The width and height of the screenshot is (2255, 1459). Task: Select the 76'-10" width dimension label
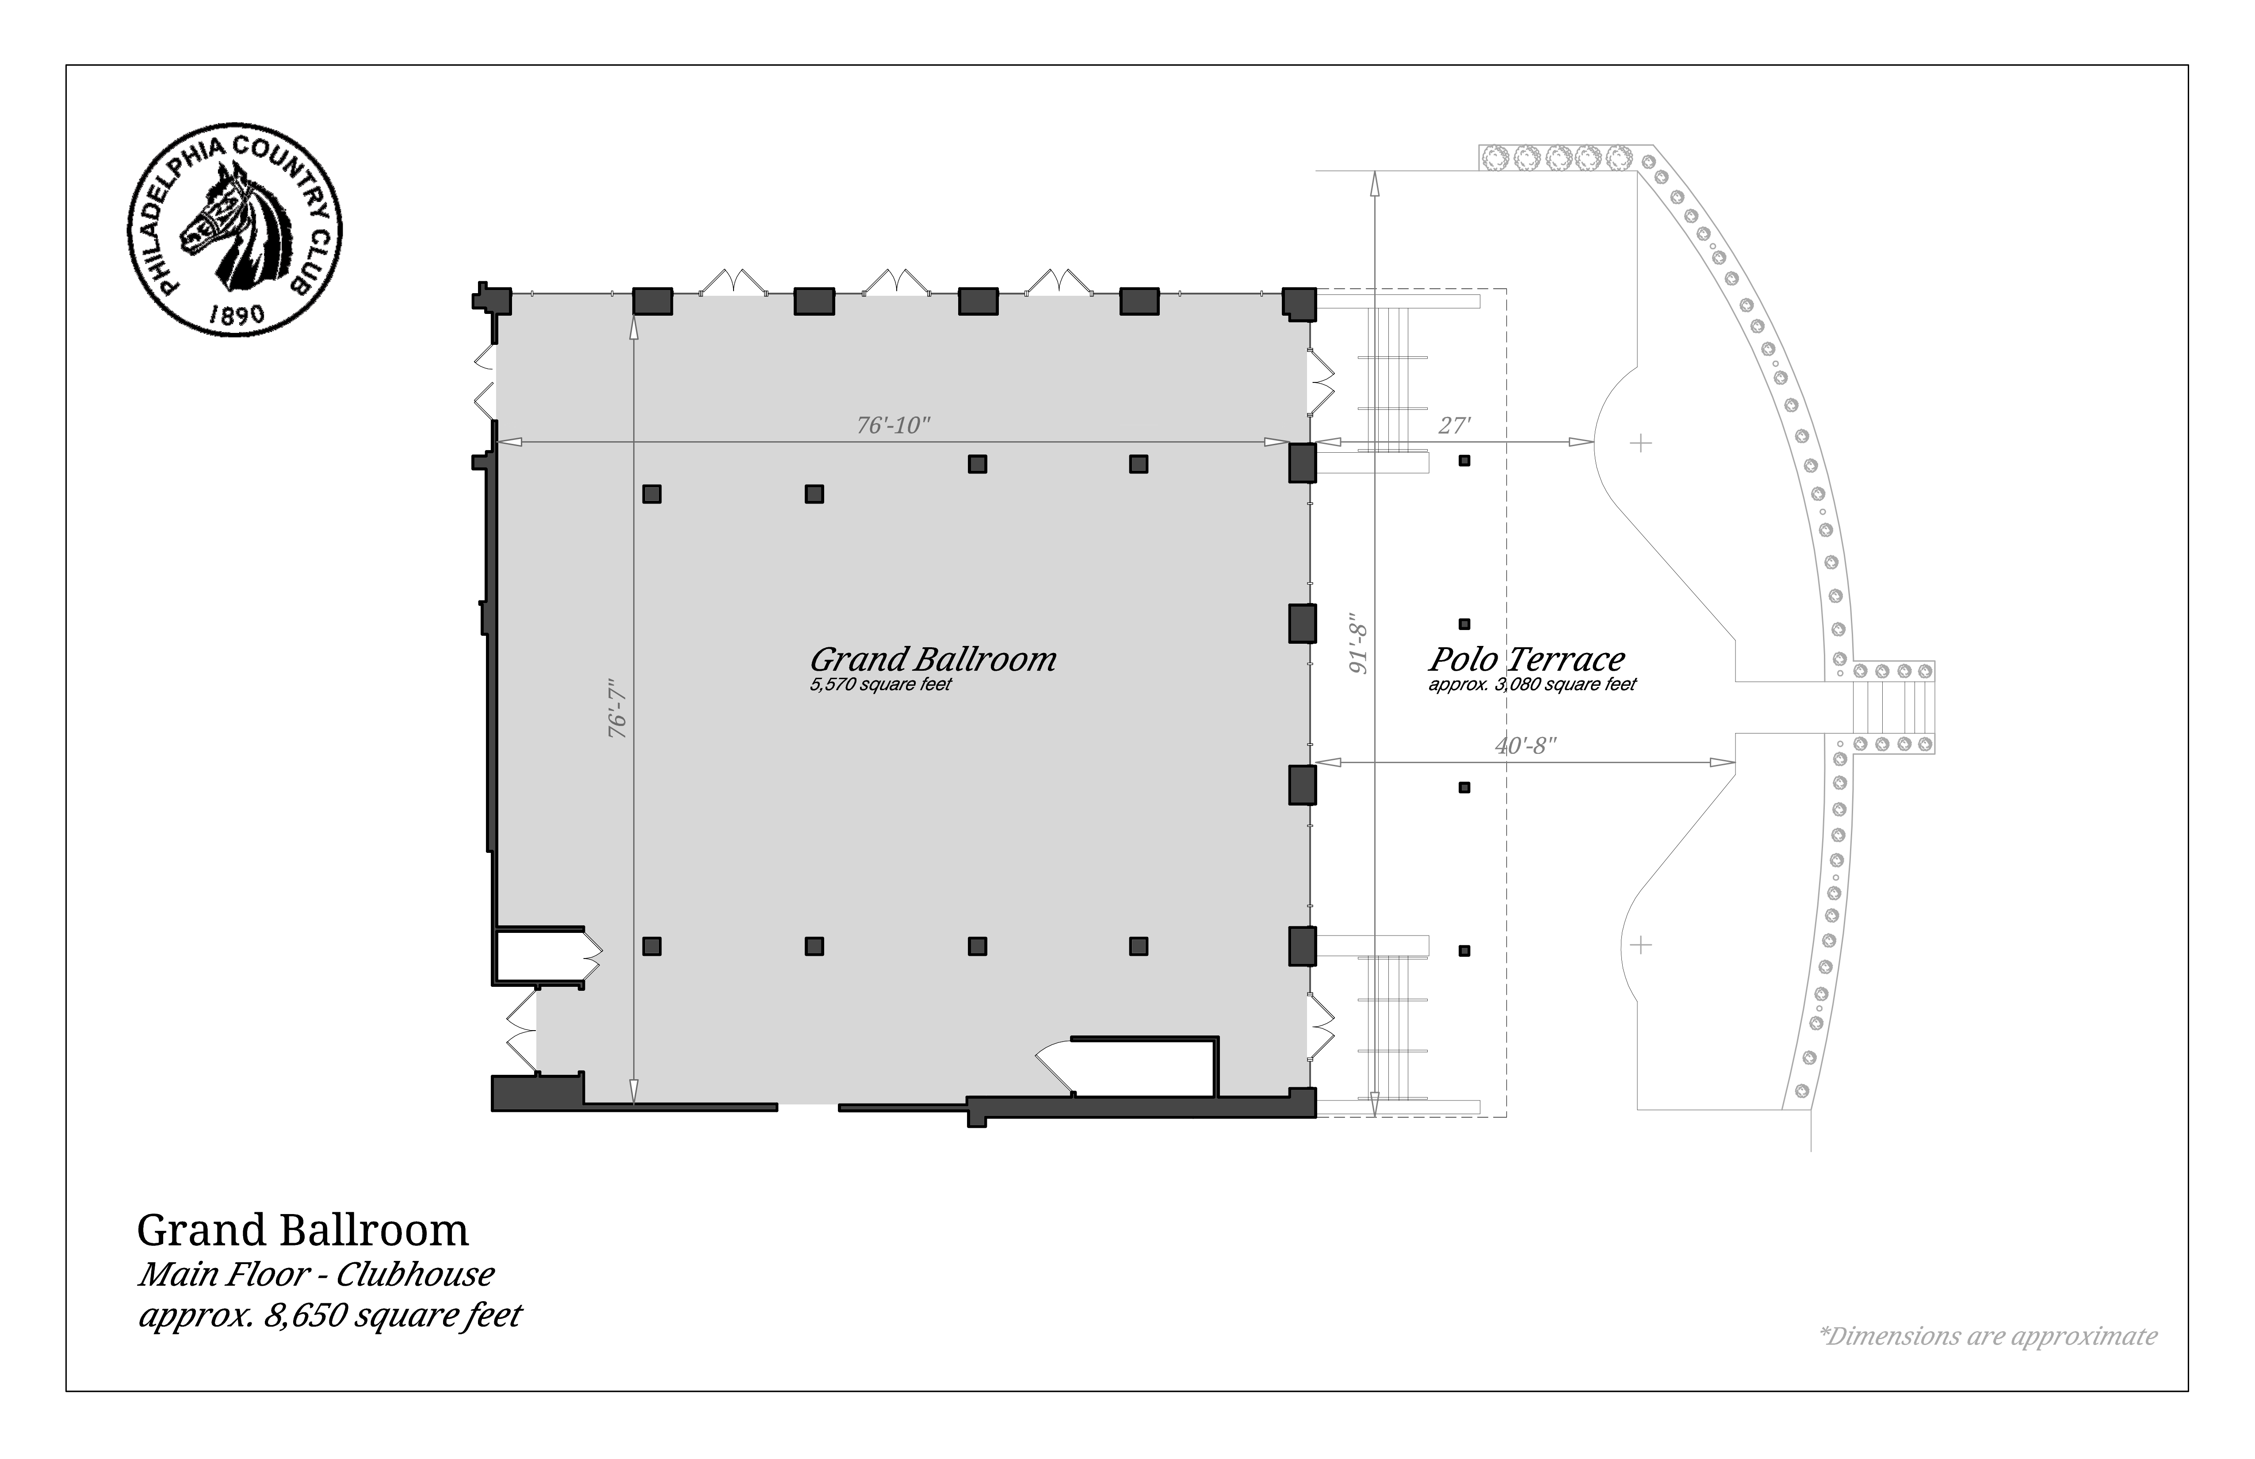[x=894, y=425]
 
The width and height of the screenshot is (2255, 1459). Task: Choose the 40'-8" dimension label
[x=1525, y=745]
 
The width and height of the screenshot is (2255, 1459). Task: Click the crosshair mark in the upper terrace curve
[x=1640, y=443]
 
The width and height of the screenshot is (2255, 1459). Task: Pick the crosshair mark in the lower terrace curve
[x=1640, y=944]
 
